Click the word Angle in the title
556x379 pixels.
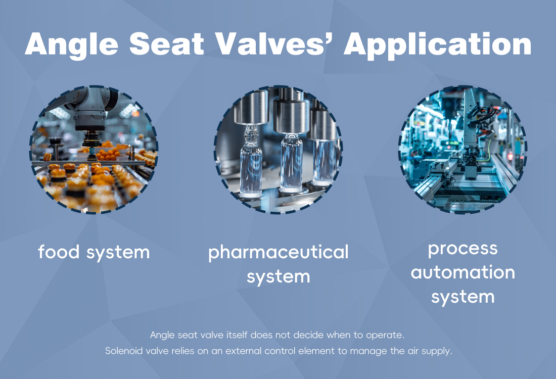72,44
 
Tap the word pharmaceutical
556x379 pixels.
279,252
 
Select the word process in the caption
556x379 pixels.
462,249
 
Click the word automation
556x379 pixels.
462,273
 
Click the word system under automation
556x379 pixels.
462,297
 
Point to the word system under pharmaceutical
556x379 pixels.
279,276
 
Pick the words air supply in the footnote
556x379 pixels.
430,351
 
